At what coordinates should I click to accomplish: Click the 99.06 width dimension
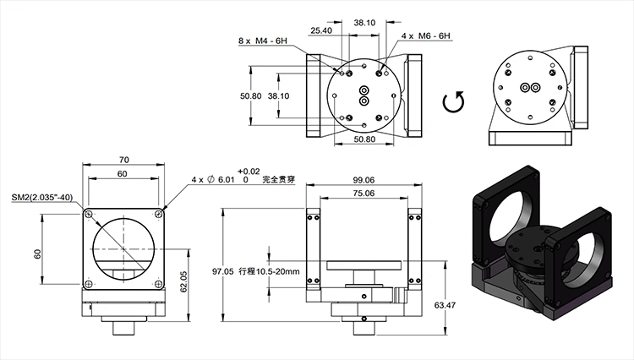point(364,180)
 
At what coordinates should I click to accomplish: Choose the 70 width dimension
point(123,158)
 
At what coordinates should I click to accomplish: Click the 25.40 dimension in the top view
point(321,30)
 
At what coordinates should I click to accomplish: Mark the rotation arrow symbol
point(454,103)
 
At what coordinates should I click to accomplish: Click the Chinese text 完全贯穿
point(280,180)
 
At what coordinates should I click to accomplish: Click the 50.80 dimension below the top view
point(364,139)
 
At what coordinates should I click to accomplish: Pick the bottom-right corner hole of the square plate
point(159,282)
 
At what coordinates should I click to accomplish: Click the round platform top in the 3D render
point(532,245)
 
